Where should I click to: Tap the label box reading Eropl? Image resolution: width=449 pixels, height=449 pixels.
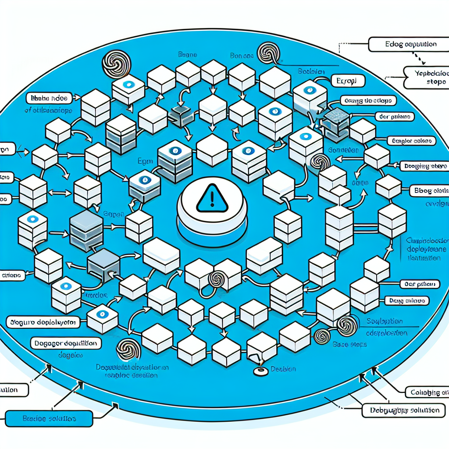(x=349, y=82)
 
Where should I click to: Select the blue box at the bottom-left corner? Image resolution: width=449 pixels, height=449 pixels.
(x=49, y=418)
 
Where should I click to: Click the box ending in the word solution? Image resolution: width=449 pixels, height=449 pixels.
(x=404, y=411)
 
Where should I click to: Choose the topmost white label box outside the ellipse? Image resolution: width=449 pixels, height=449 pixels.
(x=402, y=44)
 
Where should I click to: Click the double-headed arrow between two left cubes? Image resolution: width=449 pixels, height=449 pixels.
(x=61, y=192)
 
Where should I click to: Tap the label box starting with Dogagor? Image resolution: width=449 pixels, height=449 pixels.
(x=65, y=342)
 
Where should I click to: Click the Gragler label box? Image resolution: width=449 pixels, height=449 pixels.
(x=410, y=141)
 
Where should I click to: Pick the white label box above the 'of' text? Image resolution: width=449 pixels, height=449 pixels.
(x=50, y=97)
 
